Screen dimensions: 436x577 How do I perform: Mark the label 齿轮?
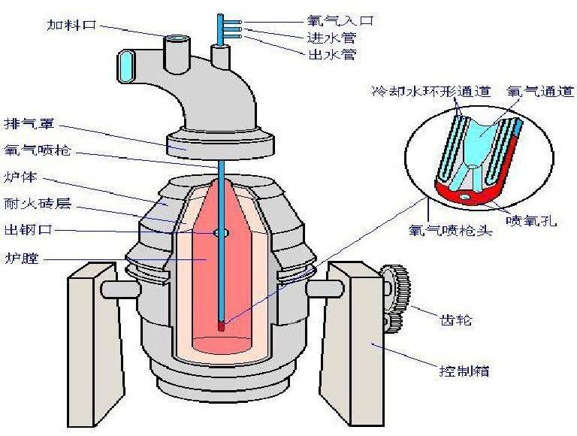point(457,320)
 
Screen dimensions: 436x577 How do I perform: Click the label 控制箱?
point(463,371)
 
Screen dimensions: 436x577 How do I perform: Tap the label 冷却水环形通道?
point(431,92)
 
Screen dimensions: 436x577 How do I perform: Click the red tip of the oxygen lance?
point(222,326)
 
